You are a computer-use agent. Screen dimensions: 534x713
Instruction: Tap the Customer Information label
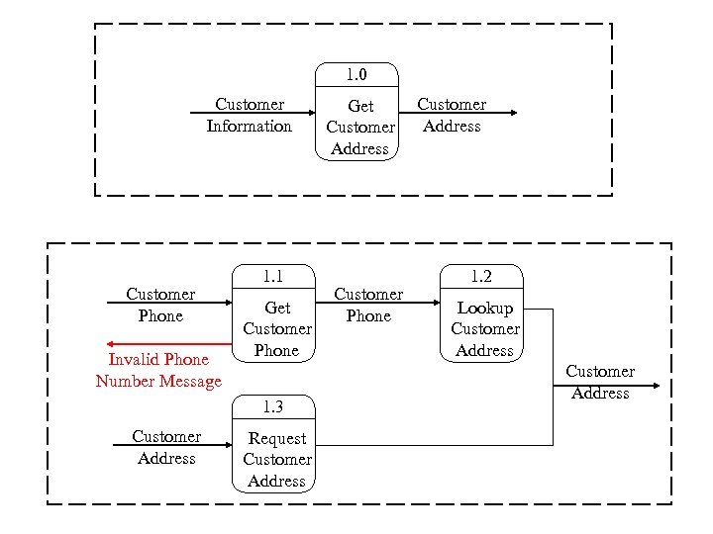249,116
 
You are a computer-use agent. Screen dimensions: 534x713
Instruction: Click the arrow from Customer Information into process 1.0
253,113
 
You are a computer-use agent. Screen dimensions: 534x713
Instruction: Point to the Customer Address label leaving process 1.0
452,116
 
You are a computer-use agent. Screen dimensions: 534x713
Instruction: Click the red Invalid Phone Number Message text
158,371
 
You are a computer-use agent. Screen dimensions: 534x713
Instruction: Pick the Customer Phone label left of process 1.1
160,306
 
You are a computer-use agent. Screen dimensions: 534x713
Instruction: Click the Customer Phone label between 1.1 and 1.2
368,306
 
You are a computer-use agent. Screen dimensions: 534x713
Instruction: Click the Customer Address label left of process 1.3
166,447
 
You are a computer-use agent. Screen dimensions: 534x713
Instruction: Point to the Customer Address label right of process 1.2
599,382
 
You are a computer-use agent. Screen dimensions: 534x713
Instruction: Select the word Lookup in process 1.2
484,309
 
